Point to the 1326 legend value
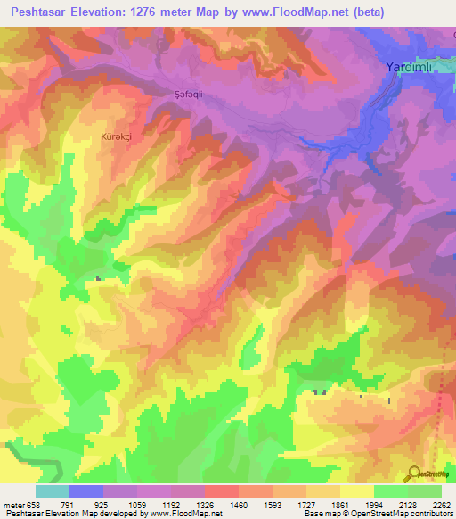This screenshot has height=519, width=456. (x=205, y=504)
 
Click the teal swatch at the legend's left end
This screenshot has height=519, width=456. (x=53, y=491)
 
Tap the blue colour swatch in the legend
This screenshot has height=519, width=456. (x=86, y=491)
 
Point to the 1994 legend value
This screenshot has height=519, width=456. (x=374, y=504)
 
